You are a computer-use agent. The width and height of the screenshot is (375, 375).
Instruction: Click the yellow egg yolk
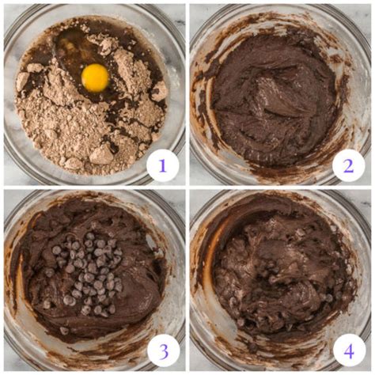pos(95,78)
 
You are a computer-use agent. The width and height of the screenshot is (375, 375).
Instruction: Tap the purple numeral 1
pos(163,166)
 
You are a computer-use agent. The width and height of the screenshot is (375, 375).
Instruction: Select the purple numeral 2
pos(348,166)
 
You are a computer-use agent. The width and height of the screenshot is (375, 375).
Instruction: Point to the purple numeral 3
pos(163,351)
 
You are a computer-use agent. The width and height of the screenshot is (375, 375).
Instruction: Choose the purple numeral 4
pos(349,351)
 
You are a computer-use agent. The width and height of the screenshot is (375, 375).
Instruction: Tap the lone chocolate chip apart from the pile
pos(63,330)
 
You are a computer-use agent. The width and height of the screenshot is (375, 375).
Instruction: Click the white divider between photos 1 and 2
pos(187,94)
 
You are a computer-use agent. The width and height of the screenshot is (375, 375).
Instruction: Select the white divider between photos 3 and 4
pos(187,280)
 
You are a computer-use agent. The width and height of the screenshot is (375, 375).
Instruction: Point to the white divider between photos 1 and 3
pos(94,187)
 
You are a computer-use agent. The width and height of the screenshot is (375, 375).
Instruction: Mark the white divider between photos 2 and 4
pos(280,187)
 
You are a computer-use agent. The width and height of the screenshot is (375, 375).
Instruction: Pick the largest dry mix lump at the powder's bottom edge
pos(101,156)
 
